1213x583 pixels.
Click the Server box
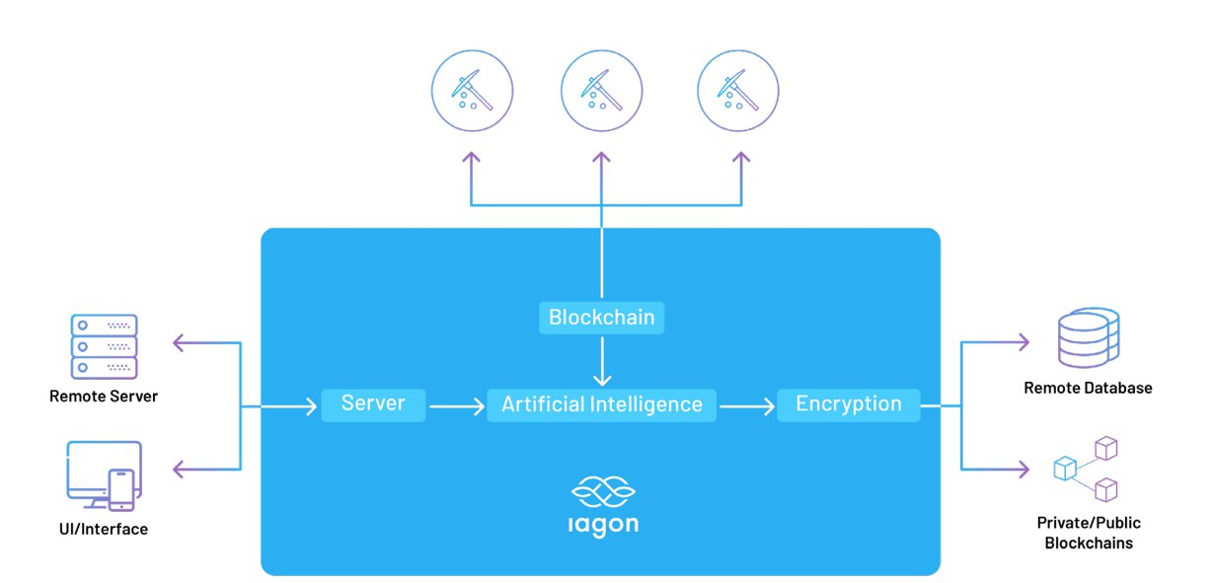coord(373,404)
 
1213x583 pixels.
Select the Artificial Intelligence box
coord(602,405)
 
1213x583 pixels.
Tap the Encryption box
coord(849,405)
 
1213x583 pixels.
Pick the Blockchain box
coord(602,318)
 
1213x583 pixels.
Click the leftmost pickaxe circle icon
coord(472,91)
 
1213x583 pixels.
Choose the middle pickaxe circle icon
coord(601,91)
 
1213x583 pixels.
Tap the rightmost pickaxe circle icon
coord(737,91)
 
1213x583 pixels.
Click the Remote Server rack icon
coord(104,346)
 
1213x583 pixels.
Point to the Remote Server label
coord(104,397)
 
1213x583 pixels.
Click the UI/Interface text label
coord(104,530)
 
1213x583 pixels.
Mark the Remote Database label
coord(1088,389)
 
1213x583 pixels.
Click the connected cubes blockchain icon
coord(1087,472)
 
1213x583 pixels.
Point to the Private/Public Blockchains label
coord(1089,533)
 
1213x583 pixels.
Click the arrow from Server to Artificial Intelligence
coord(456,405)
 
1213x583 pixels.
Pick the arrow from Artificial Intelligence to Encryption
coord(747,405)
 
